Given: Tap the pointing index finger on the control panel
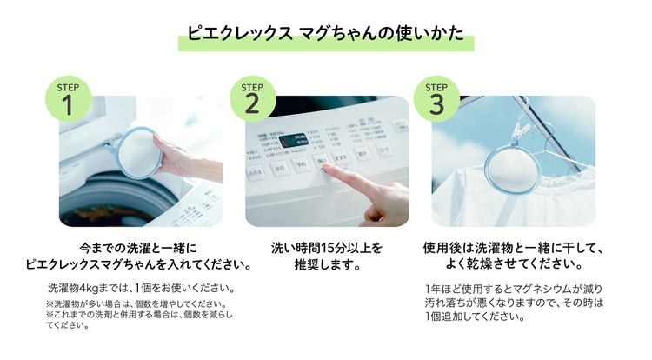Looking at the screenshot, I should coord(348,177).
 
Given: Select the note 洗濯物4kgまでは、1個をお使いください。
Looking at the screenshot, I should coord(139,287).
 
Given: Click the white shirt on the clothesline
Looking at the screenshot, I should coord(556,196).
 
